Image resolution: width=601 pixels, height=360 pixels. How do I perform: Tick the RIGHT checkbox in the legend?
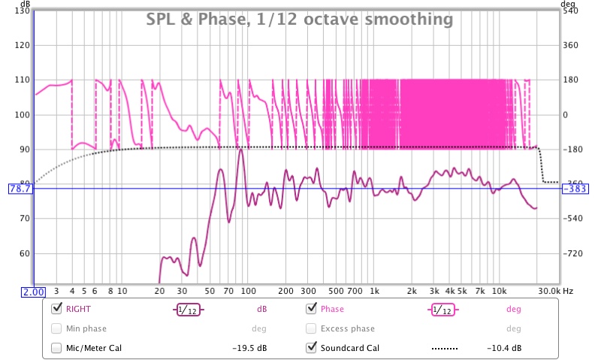point(56,309)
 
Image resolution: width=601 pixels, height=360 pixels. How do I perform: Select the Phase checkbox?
point(312,309)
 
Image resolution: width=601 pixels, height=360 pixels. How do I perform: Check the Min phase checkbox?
point(56,328)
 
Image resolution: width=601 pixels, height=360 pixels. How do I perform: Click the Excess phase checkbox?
point(312,328)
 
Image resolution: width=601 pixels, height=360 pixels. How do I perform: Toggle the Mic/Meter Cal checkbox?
point(56,348)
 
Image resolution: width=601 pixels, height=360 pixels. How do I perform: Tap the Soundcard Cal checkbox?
point(312,348)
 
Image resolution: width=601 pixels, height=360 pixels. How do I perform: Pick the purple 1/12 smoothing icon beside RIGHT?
point(189,309)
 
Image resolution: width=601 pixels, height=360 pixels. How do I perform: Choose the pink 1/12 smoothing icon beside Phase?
point(443,309)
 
